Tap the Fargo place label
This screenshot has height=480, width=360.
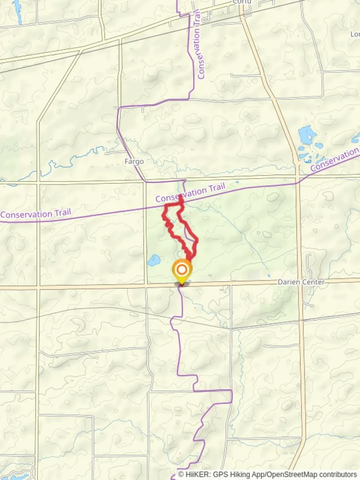(134, 161)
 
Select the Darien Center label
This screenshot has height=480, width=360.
(301, 282)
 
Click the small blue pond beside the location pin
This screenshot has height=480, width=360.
(154, 260)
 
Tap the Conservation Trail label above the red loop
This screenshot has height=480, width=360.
(190, 193)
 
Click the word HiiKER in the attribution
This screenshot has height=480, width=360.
(196, 474)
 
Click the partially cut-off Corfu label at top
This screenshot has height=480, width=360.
(242, 2)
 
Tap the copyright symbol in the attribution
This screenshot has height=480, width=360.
(181, 474)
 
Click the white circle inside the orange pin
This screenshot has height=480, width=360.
(182, 269)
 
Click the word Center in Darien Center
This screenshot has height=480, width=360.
(312, 282)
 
